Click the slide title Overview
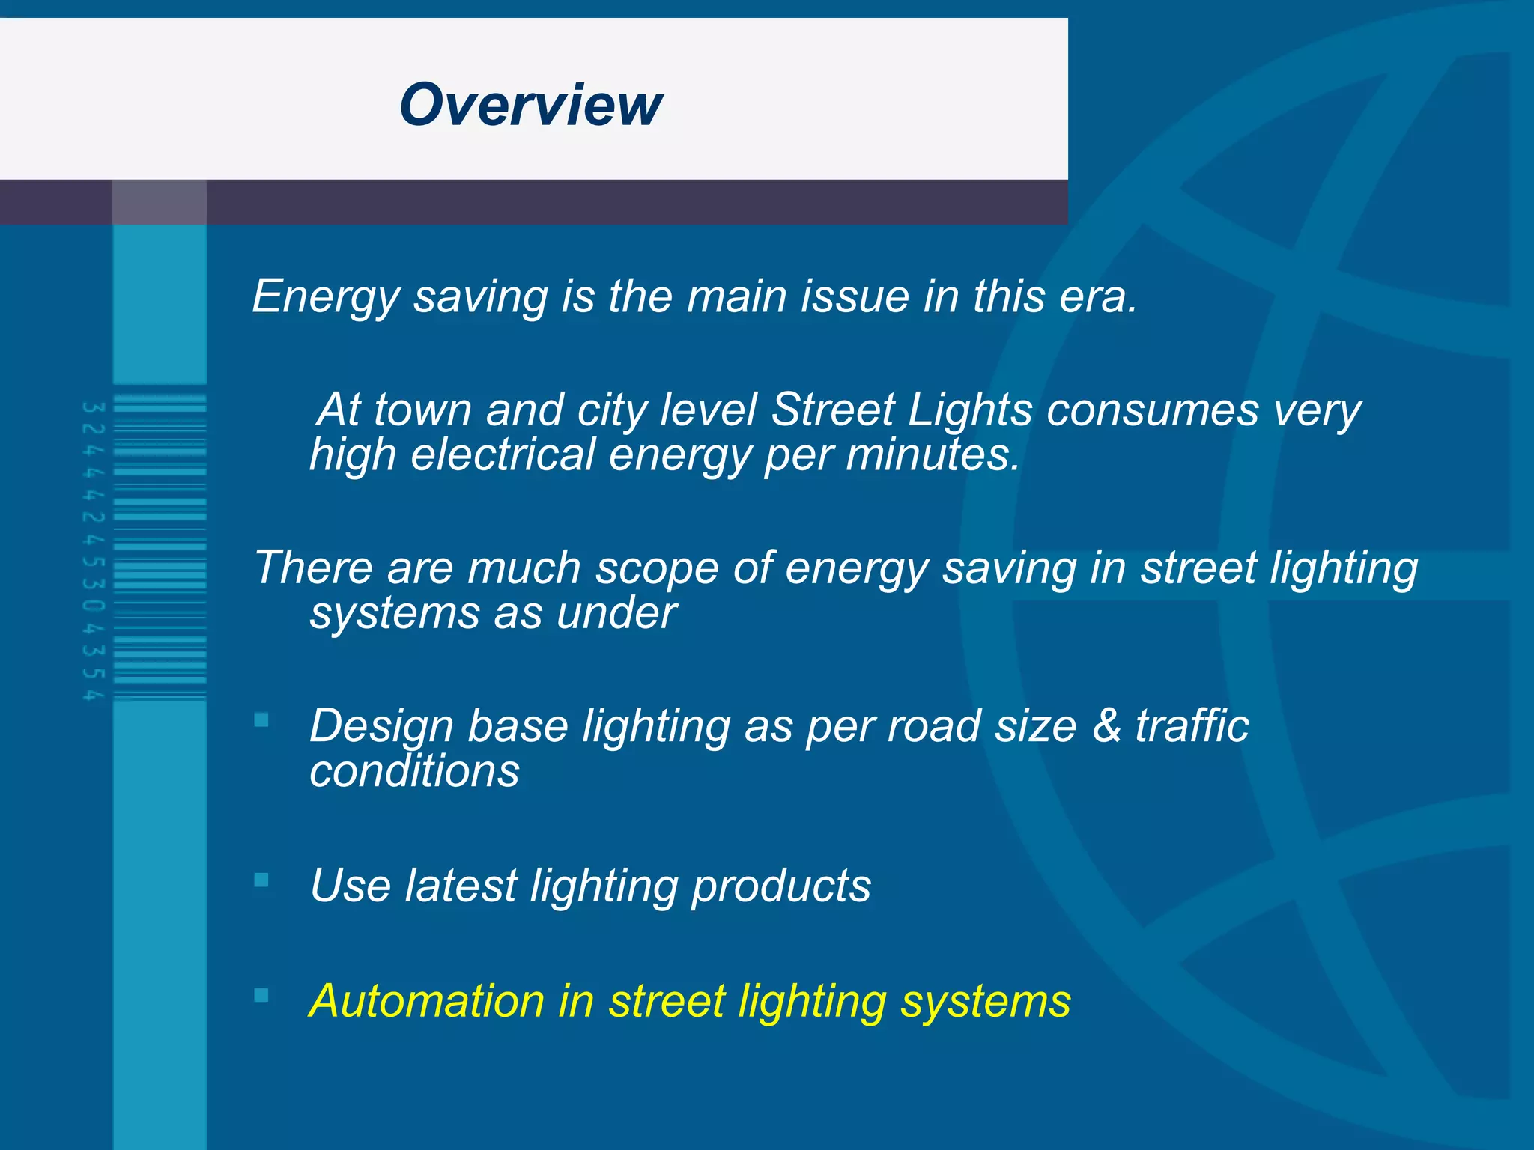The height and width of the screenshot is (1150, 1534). click(530, 105)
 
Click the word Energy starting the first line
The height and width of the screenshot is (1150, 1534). click(326, 297)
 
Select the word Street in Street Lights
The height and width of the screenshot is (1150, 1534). click(832, 410)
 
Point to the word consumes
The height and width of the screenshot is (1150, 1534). click(1152, 410)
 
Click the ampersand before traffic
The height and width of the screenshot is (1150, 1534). click(1106, 726)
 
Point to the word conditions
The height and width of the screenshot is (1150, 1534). click(414, 772)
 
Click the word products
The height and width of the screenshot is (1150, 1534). click(780, 886)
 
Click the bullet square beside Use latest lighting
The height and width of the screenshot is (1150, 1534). click(261, 880)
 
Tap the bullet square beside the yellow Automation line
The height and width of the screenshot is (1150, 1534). click(261, 995)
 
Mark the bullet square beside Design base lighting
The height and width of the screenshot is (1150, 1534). click(261, 720)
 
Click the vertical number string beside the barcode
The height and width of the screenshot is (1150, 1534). click(93, 551)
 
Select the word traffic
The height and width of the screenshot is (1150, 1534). click(1192, 726)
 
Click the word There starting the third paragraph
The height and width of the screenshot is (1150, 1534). click(312, 568)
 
